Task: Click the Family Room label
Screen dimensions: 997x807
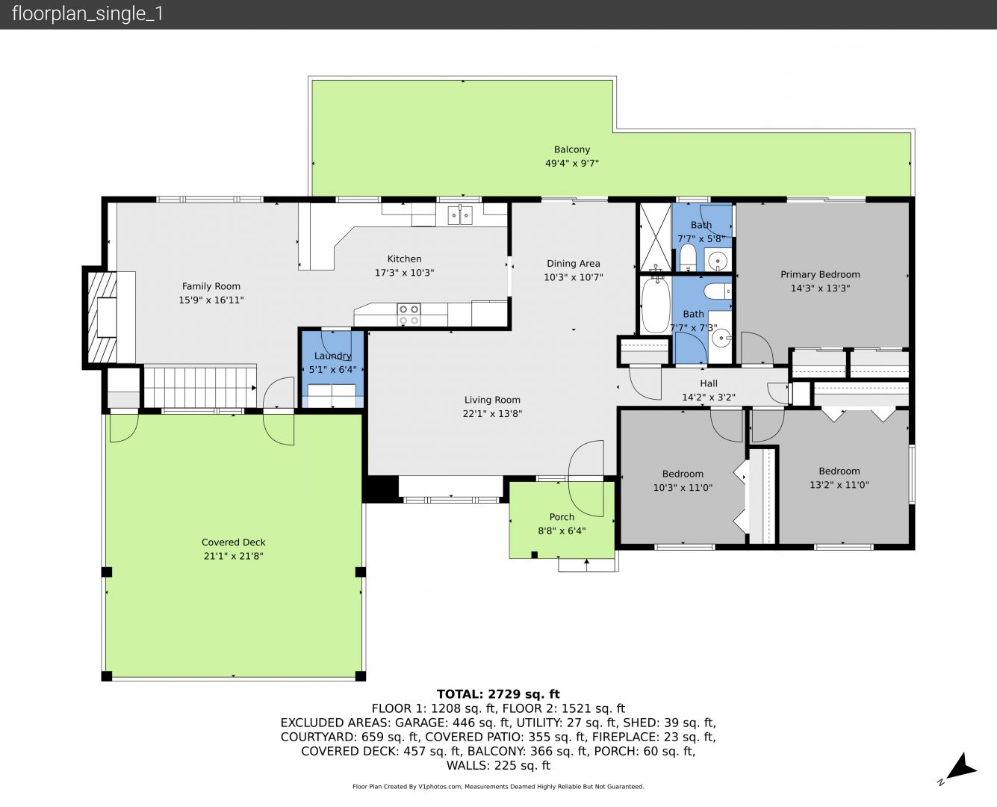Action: pyautogui.click(x=211, y=286)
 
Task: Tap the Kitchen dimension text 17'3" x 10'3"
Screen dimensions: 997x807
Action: pyautogui.click(x=405, y=273)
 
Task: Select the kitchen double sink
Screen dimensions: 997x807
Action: pyautogui.click(x=460, y=215)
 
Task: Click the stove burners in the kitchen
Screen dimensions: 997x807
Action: pyautogui.click(x=409, y=315)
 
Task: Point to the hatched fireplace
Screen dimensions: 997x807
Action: pyautogui.click(x=102, y=318)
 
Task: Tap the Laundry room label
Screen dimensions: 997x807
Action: pyautogui.click(x=333, y=356)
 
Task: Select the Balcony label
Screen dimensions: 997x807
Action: pyautogui.click(x=572, y=149)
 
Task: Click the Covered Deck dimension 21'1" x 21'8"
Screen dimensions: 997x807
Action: pyautogui.click(x=234, y=556)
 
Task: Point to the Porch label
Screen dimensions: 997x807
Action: pyautogui.click(x=562, y=517)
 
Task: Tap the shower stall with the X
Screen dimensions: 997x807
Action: pyautogui.click(x=656, y=237)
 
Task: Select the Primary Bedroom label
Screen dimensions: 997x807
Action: pyautogui.click(x=820, y=274)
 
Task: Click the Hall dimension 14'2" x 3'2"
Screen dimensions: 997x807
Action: pyautogui.click(x=709, y=398)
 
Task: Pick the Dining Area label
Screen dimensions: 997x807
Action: pyautogui.click(x=574, y=263)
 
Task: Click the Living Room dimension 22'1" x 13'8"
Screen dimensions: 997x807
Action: pyautogui.click(x=492, y=413)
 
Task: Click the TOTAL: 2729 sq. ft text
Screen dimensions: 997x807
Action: pyautogui.click(x=498, y=693)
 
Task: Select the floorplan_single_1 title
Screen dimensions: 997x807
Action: pyautogui.click(x=87, y=13)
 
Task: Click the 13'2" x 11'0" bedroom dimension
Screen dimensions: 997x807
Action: pyautogui.click(x=839, y=485)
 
